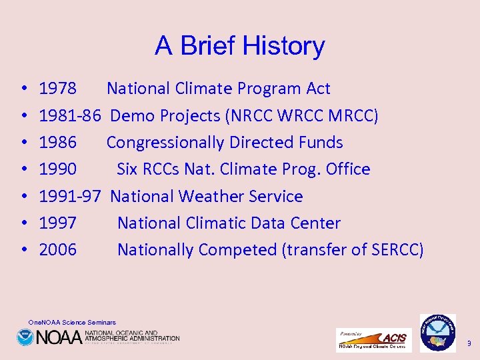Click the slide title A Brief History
tap(240, 46)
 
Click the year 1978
tap(58, 89)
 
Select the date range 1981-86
tap(70, 116)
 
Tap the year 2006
tap(58, 250)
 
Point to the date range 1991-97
tap(70, 197)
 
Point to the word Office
tap(348, 169)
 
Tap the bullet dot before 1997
tap(23, 223)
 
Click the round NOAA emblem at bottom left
tap(25, 337)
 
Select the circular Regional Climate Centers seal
tap(437, 332)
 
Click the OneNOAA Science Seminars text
tap(72, 323)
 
